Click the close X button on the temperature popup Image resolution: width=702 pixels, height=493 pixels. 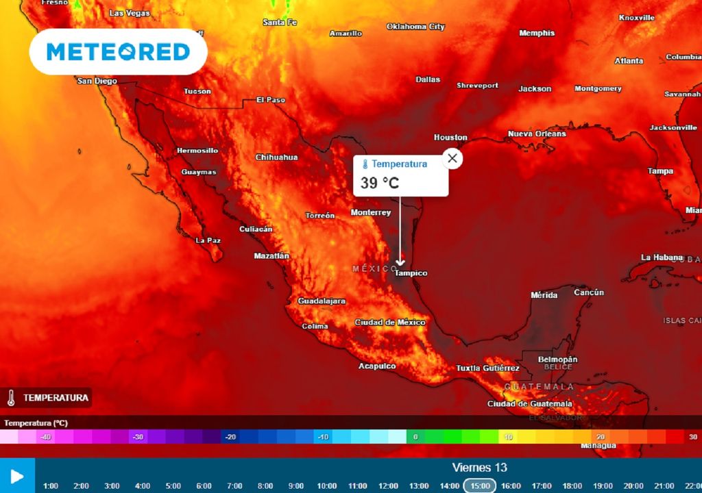(452, 159)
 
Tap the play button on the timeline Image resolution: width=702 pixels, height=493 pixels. (17, 476)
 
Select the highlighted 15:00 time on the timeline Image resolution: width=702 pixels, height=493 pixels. (479, 485)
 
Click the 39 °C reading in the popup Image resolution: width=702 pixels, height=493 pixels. (380, 183)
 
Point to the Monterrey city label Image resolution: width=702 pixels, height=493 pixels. (371, 213)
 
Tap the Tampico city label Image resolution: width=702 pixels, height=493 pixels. (411, 273)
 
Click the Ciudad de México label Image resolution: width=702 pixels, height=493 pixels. (390, 323)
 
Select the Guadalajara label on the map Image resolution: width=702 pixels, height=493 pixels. (322, 301)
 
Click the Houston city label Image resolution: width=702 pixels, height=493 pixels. (450, 138)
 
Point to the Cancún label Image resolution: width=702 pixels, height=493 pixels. (589, 292)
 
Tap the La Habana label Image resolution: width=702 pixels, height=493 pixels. (662, 257)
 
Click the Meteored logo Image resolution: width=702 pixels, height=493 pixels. (118, 51)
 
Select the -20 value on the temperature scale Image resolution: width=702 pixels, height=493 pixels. (230, 437)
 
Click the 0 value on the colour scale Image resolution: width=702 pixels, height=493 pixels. (415, 437)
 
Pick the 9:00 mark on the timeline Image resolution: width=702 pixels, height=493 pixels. (296, 486)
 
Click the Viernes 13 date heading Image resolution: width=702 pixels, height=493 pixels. (479, 468)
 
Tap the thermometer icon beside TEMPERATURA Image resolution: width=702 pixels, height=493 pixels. (12, 398)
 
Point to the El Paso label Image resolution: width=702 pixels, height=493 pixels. (270, 100)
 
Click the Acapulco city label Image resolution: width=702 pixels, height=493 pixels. (377, 366)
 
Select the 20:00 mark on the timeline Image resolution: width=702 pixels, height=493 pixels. (633, 486)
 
